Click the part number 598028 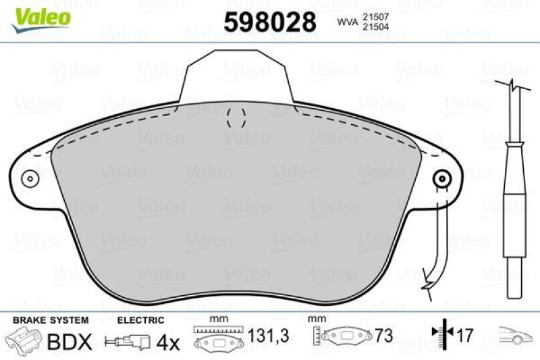(269, 22)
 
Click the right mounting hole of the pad (442, 179)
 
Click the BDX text (69, 342)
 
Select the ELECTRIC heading (141, 319)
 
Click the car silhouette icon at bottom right (516, 334)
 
